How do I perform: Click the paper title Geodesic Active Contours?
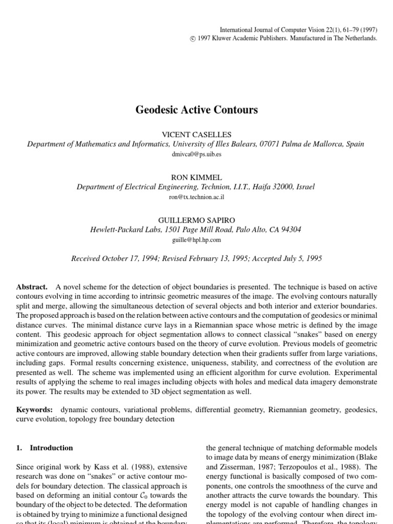pos(196,110)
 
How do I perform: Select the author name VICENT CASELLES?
pos(196,134)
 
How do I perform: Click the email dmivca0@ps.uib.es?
pos(196,154)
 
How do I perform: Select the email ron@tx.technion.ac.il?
pos(196,196)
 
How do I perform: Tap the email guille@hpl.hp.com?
pos(196,239)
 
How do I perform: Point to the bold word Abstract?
pos(32,288)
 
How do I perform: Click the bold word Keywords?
pos(35,410)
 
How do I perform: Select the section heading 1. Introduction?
pos(45,448)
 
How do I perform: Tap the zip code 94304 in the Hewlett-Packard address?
pos(290,230)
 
